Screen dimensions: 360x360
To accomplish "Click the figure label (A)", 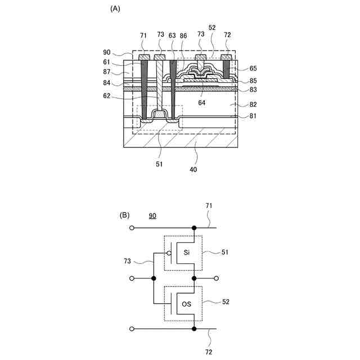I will coord(115,8).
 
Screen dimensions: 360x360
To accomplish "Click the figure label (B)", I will coord(124,215).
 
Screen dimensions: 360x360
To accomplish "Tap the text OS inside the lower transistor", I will coord(186,304).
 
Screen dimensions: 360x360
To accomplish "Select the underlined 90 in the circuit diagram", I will coord(152,216).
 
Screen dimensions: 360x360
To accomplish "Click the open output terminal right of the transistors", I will coord(217,278).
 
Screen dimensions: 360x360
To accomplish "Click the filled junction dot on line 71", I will coord(194,228).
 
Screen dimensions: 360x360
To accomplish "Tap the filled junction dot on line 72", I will coord(194,328).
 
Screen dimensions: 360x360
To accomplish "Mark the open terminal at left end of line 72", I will coord(132,328).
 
